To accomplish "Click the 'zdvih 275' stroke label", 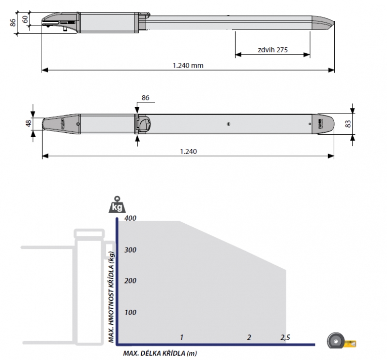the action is point(273,50).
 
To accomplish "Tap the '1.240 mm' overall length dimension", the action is point(188,66).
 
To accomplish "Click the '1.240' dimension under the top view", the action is point(189,151).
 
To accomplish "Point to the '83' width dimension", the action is point(348,124).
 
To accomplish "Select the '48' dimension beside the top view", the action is point(29,123).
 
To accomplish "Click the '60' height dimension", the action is point(26,19).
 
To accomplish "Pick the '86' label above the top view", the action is point(146,98).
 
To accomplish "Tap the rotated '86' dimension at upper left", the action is point(13,23).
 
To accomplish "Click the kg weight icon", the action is point(117,205).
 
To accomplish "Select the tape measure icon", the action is point(342,341).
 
